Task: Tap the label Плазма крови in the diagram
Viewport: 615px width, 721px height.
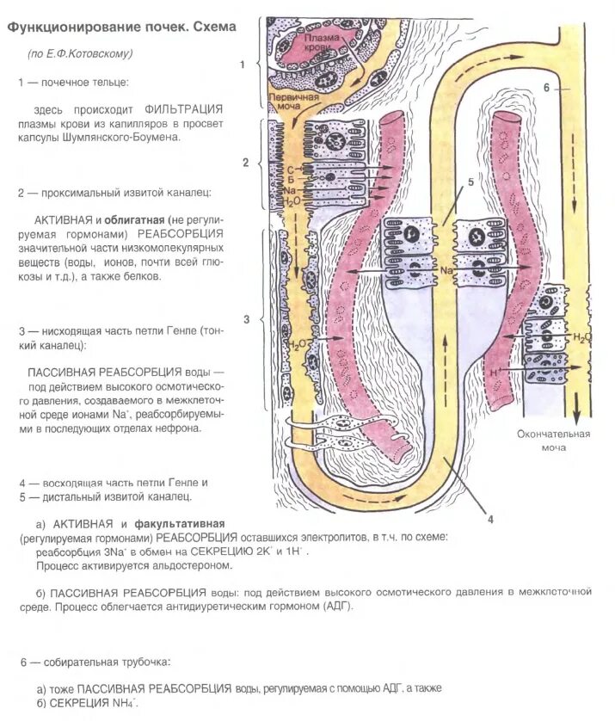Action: [319, 44]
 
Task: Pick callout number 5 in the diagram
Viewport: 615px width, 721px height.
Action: [470, 182]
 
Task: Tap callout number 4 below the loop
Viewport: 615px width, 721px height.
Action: [489, 518]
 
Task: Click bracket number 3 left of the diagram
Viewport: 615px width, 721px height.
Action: [246, 320]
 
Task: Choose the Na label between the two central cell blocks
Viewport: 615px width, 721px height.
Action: [446, 270]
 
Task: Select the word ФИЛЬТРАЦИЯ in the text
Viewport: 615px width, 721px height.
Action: [183, 108]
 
